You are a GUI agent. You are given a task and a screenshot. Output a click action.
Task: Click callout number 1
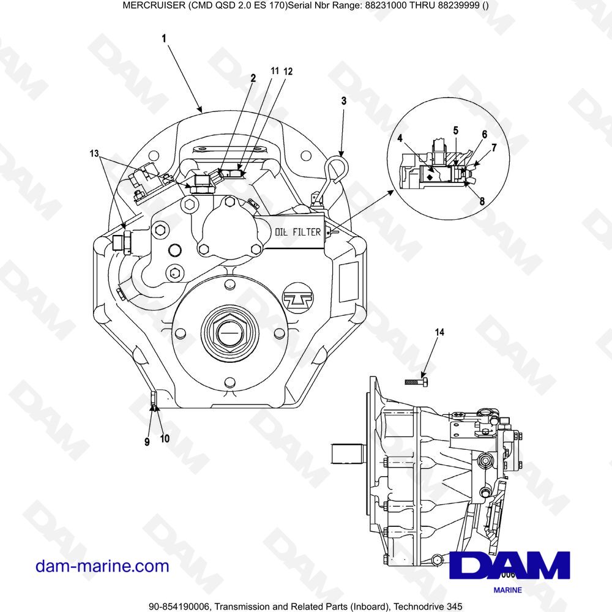point(164,39)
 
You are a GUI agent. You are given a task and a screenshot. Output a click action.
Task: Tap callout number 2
point(253,78)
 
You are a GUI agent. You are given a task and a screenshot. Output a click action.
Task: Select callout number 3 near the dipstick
point(343,101)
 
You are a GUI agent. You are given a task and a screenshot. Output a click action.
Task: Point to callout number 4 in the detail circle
point(400,138)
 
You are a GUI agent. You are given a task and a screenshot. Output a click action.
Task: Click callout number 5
point(455,130)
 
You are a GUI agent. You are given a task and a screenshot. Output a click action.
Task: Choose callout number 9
point(147,442)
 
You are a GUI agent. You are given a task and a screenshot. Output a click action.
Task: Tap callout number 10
point(165,438)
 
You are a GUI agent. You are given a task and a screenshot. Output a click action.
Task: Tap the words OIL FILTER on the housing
point(297,233)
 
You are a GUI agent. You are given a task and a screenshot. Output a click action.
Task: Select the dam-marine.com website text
point(102,566)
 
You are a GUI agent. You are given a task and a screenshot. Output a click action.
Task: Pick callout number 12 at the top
point(288,72)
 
